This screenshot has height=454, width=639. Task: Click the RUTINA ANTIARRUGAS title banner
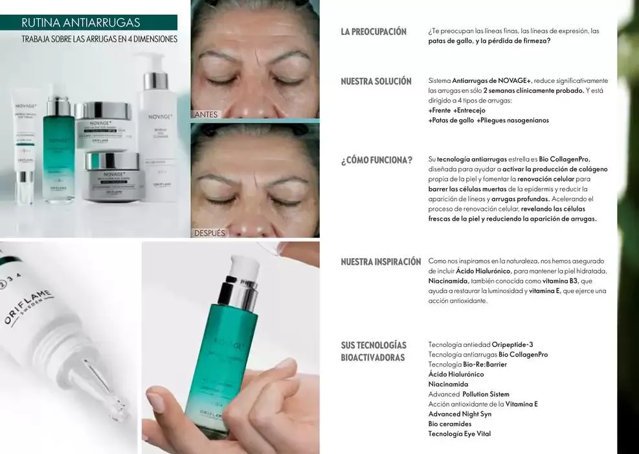pyautogui.click(x=80, y=23)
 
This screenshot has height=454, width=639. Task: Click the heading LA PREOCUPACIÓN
pyautogui.click(x=374, y=32)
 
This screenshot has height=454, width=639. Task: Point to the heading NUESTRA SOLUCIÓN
pyautogui.click(x=376, y=82)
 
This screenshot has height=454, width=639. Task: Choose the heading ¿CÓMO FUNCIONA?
pyautogui.click(x=376, y=160)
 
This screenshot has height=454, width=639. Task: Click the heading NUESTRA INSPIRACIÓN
pyautogui.click(x=381, y=262)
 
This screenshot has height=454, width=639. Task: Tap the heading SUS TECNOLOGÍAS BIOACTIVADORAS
pyautogui.click(x=374, y=351)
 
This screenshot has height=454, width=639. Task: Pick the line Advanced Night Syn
pyautogui.click(x=460, y=414)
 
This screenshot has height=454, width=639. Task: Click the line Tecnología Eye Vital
pyautogui.click(x=464, y=434)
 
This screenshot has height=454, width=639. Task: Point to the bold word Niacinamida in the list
pyautogui.click(x=448, y=384)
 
